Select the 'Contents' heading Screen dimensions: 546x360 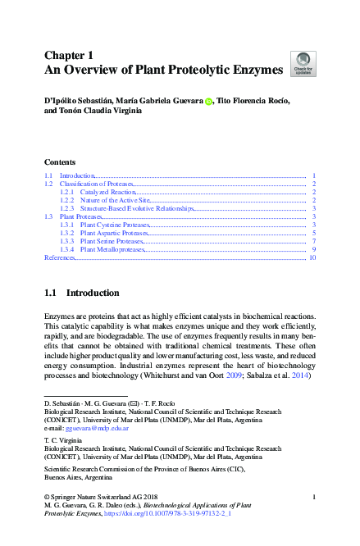coord(60,162)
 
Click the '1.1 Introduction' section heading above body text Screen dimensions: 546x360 coord(81,293)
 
